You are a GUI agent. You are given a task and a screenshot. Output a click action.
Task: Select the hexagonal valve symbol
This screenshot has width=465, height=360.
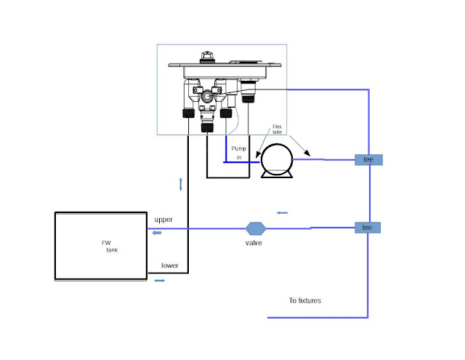[x=254, y=228]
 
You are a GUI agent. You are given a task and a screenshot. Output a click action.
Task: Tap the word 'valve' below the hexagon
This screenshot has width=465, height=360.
[x=254, y=243]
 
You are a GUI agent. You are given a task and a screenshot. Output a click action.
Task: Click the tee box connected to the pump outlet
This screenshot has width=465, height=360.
[x=368, y=159]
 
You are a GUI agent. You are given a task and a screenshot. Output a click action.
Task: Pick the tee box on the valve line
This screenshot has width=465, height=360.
[x=368, y=228]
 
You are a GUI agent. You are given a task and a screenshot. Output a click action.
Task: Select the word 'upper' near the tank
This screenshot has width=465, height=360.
[x=163, y=219]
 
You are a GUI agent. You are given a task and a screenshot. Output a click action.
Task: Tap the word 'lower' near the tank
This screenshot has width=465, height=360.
[x=170, y=265]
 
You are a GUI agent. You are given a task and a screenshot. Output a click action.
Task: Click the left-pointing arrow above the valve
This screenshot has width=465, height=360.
[x=283, y=213]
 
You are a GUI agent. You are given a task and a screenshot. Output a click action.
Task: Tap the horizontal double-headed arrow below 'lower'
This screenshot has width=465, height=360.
[x=159, y=281]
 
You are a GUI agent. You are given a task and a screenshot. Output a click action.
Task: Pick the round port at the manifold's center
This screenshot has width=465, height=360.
[x=208, y=95]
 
